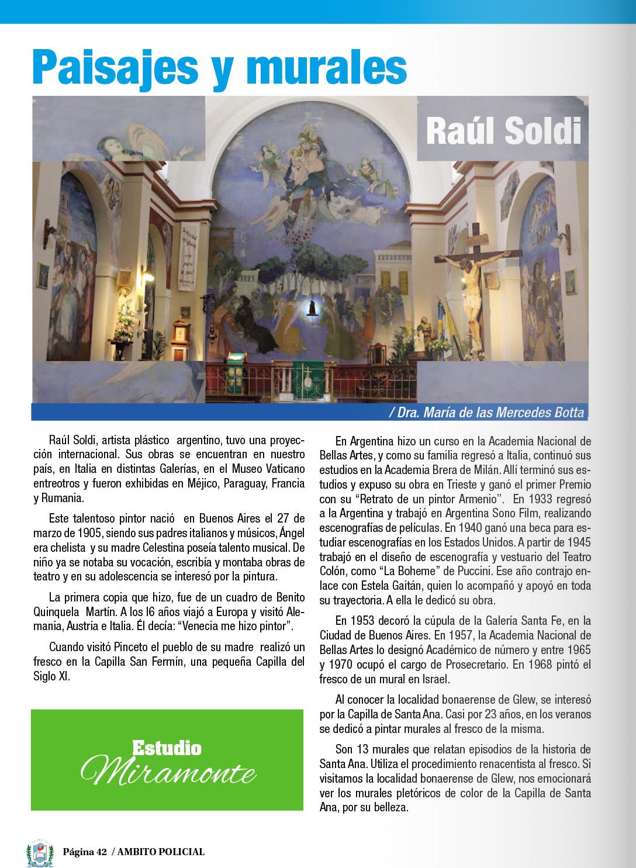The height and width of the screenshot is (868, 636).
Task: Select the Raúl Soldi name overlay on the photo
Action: (x=503, y=131)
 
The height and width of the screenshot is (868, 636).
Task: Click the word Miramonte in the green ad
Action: (x=168, y=772)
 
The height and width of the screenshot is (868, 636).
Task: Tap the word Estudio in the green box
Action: (x=167, y=748)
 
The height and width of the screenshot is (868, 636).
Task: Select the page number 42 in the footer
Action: (x=102, y=852)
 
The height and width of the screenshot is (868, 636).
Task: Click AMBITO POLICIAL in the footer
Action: (x=161, y=852)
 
